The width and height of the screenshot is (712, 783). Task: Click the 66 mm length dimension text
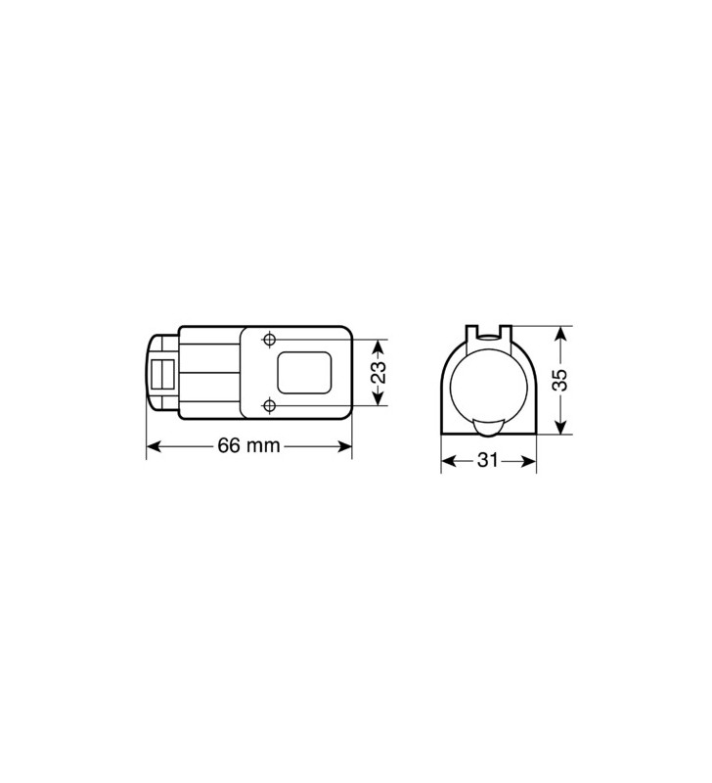point(248,446)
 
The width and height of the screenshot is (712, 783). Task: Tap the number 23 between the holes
point(378,372)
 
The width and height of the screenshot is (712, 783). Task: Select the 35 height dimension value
point(558,380)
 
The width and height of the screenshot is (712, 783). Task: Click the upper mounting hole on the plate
point(270,340)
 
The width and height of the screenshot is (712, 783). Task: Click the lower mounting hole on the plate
point(270,404)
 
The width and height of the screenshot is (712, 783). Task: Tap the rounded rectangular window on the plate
point(304,372)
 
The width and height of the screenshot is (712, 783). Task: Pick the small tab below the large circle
point(488,427)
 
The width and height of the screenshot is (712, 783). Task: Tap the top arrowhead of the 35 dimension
point(558,334)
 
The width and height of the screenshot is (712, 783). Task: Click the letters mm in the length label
point(263,447)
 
